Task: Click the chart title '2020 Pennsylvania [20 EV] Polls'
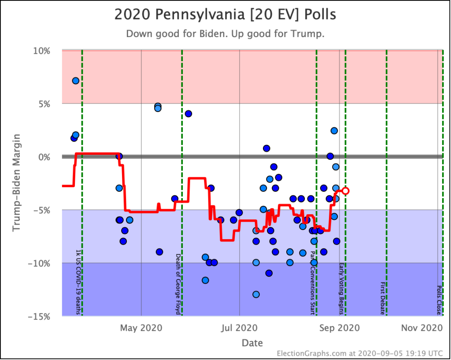pos(225,15)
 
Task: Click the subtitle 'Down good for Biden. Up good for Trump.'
pos(225,34)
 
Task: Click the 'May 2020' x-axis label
pos(141,328)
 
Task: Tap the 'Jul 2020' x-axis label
pos(240,328)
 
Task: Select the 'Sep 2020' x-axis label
pos(340,328)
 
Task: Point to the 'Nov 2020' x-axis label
pos(421,328)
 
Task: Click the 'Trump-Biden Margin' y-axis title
pos(17,183)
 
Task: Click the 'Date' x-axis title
pos(252,343)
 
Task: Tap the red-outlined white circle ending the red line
pos(346,191)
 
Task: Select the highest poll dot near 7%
pos(76,81)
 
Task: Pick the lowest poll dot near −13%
pos(256,294)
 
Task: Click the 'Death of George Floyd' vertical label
pos(178,284)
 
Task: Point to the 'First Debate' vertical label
pos(383,298)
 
